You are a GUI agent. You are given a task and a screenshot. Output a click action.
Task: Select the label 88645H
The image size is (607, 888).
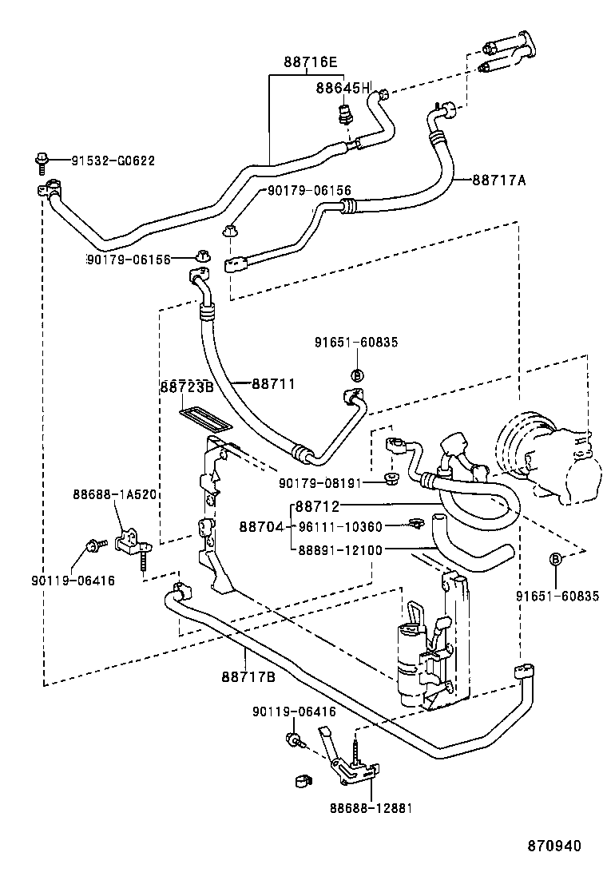(343, 88)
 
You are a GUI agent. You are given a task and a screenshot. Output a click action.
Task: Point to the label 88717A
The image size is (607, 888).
(498, 180)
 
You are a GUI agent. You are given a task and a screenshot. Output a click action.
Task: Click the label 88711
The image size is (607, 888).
(274, 384)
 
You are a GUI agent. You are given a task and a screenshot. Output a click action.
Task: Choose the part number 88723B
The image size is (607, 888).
(186, 387)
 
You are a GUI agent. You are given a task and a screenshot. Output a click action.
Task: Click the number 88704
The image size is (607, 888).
(262, 526)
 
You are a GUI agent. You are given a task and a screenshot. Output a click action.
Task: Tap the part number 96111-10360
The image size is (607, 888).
(340, 526)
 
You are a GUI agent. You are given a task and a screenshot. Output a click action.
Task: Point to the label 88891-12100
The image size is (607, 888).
(340, 549)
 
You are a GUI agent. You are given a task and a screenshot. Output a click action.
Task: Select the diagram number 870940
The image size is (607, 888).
(553, 846)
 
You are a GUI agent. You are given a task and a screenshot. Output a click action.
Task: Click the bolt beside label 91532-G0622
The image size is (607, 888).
(41, 161)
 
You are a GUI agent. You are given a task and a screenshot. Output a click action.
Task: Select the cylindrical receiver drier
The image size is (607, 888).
(411, 663)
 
